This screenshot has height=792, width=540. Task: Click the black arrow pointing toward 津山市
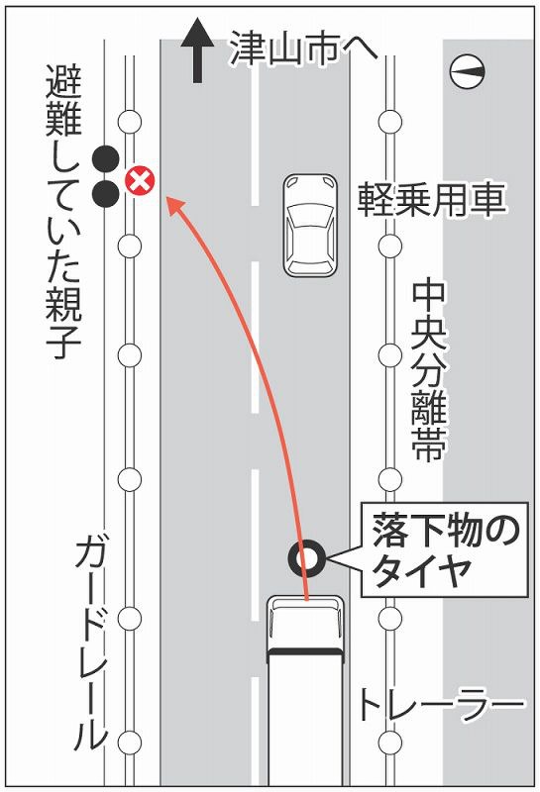[198, 49]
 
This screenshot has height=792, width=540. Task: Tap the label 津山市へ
[304, 48]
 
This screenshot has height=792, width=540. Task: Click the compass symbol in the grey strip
[468, 72]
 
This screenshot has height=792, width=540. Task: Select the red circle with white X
[140, 181]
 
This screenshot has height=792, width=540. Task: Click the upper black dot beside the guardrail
[106, 159]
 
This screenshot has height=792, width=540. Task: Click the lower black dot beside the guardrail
[106, 194]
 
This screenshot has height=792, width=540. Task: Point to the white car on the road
[310, 226]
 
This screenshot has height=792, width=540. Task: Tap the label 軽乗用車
[431, 200]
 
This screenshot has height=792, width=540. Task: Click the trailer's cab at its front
[305, 625]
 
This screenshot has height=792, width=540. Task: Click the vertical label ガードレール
[91, 646]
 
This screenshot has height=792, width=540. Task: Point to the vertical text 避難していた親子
[63, 211]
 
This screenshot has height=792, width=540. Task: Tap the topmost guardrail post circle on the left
[129, 122]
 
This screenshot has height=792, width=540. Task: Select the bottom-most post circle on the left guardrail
[130, 742]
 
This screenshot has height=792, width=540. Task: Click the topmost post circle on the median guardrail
[389, 122]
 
